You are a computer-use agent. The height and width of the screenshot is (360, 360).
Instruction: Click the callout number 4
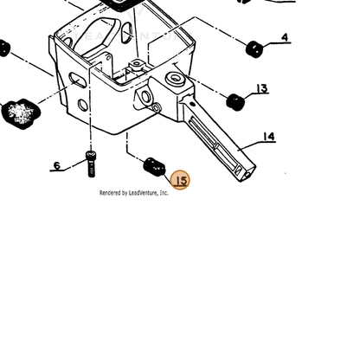pos(285,37)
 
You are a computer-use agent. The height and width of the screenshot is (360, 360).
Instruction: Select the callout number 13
pos(262,88)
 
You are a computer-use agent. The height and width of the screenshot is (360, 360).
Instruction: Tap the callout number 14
pos(268,136)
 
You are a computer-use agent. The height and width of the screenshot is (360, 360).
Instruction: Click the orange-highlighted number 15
pos(180,180)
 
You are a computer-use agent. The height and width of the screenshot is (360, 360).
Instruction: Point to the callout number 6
pos(57,165)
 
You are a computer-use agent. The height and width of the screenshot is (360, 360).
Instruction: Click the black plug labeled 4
pos(254,49)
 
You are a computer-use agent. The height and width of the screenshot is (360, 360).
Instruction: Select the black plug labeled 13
pos(235,102)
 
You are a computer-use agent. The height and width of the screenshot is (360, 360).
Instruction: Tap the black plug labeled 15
pos(154,167)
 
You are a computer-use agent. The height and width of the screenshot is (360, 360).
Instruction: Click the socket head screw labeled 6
pos(91,164)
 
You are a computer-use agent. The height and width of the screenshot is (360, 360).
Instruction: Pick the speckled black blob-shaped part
pos(21,113)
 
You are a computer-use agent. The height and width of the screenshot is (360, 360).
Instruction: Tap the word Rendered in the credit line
pos(110,193)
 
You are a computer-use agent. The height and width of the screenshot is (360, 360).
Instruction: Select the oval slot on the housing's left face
pos(77,80)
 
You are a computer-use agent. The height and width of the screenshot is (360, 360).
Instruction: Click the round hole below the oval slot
pos(83,105)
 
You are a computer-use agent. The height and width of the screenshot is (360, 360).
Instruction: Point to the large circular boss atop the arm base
pos(175,78)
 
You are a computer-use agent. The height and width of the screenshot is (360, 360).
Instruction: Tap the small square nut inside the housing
pos(137,64)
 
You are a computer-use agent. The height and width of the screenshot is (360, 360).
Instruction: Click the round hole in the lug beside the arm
pos(145,96)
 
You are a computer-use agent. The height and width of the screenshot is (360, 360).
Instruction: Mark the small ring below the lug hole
pos(157,108)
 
